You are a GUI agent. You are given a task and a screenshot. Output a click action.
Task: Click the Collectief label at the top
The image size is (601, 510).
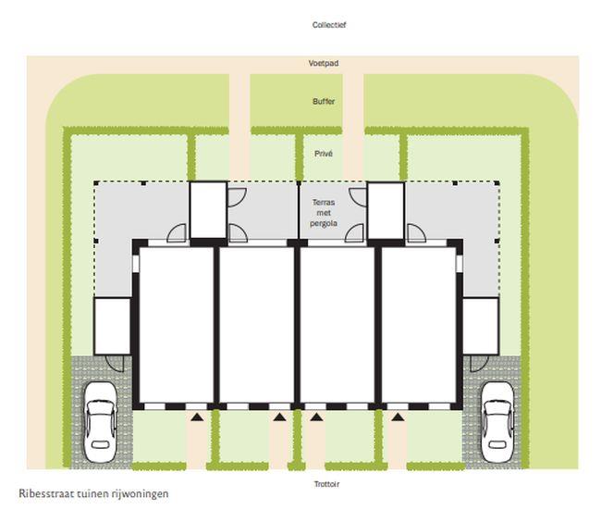[329, 25]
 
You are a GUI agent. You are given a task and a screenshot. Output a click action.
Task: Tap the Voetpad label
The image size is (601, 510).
[324, 63]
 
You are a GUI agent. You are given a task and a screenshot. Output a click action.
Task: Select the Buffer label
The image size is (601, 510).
[324, 101]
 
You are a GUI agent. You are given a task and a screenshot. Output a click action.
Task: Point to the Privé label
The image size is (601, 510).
[324, 154]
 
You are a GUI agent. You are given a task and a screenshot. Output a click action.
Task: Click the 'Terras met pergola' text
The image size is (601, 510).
[324, 213]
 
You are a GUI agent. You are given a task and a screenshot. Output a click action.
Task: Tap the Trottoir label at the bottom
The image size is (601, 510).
[326, 484]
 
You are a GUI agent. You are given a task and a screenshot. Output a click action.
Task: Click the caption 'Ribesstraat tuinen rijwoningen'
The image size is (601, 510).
[93, 493]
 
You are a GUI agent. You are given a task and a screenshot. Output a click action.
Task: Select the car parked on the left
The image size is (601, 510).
[100, 422]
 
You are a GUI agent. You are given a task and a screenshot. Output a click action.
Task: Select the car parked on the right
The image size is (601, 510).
[497, 422]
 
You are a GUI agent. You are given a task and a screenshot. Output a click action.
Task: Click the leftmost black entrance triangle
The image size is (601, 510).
[197, 417]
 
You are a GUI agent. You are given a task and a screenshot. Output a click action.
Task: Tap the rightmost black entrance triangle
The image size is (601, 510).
[398, 417]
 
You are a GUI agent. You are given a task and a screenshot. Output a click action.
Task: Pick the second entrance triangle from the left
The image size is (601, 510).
[279, 417]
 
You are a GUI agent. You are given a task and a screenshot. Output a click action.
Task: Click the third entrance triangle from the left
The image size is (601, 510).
[316, 417]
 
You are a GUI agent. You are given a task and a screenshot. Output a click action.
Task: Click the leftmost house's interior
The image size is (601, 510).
[177, 325]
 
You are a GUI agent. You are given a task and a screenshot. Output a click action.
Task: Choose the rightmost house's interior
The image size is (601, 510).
[419, 325]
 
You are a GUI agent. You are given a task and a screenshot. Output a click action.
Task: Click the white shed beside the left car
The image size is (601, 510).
[112, 326]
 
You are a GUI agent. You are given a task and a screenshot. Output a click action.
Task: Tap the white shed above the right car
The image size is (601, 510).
[481, 326]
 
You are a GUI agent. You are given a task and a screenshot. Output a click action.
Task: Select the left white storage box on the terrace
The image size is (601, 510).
[208, 210]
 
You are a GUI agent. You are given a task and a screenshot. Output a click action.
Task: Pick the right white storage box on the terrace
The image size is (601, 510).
[386, 210]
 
